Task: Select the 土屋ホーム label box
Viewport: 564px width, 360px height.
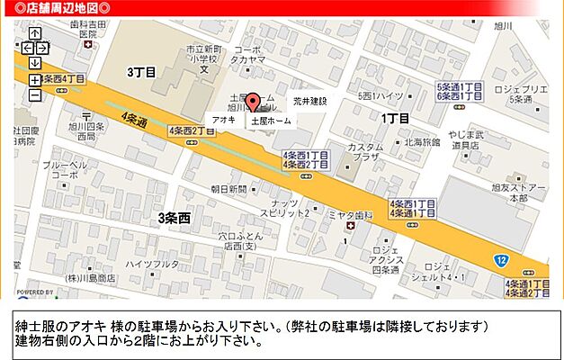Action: (x=270, y=120)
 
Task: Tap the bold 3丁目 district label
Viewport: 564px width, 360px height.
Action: (x=141, y=71)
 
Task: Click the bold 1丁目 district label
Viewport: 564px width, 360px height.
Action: (x=395, y=118)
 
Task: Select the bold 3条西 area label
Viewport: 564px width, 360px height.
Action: (x=175, y=218)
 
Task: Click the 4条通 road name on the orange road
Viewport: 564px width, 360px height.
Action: (x=134, y=118)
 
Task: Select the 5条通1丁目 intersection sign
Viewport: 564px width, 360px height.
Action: (x=460, y=87)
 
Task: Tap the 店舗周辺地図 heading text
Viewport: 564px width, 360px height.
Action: (x=57, y=8)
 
